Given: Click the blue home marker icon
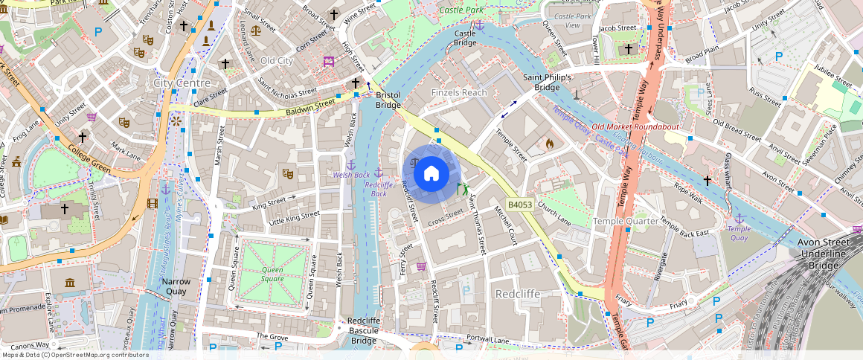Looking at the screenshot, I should tap(431, 174).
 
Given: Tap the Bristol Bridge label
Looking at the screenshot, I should tap(388, 100).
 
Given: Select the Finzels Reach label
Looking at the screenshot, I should tap(459, 92).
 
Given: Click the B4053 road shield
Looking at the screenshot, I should tap(519, 204).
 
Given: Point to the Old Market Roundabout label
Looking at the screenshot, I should tap(635, 126).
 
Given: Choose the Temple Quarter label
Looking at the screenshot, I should tap(626, 221).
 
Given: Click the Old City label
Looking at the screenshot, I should tap(276, 60).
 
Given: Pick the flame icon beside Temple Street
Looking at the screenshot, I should tap(549, 143).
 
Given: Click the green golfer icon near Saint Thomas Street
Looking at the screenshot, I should tap(463, 189).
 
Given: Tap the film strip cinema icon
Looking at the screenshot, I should tap(153, 203).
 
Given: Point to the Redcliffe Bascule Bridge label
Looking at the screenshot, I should tap(364, 331).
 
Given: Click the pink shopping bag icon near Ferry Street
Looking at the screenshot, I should tap(421, 266).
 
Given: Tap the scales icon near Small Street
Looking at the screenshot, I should tap(256, 30).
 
